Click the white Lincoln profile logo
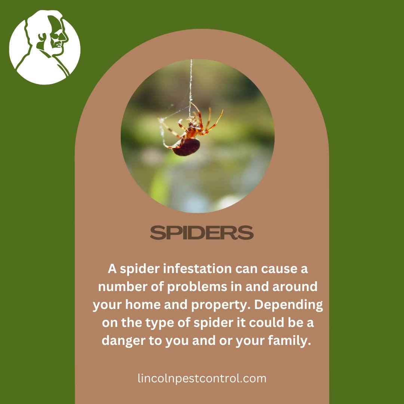click(x=45, y=47)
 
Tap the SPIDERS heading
click(x=202, y=233)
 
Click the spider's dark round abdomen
click(x=186, y=147)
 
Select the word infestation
click(x=198, y=269)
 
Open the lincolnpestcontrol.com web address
click(x=202, y=379)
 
